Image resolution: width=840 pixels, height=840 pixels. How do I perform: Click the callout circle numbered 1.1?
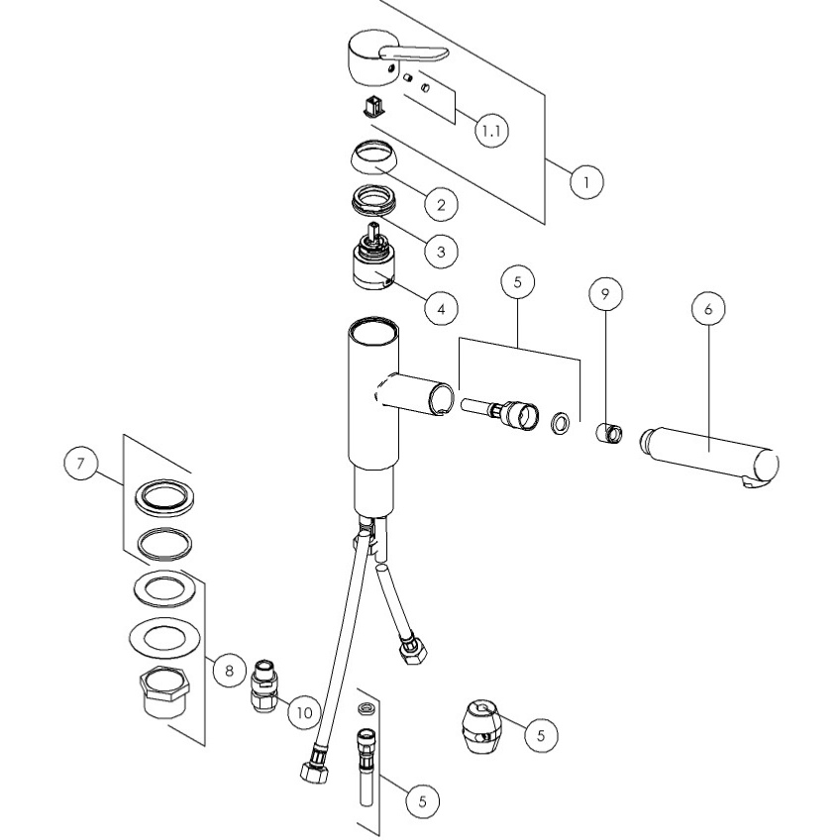491,130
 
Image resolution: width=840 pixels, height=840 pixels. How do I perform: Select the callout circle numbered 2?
441,204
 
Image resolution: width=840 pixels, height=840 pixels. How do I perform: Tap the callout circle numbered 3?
441,252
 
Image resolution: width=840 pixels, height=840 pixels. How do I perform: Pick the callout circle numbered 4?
441,309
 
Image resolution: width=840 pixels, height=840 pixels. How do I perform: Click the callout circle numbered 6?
708,309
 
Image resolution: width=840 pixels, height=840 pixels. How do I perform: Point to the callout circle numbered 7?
81,463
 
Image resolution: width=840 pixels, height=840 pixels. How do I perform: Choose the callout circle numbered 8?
229,671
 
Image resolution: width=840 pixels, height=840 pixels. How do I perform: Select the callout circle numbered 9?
605,293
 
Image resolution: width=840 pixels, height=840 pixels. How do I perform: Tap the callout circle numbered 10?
304,713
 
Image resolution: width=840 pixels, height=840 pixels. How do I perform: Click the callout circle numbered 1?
586,182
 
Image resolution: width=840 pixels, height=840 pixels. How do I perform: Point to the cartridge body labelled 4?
373,259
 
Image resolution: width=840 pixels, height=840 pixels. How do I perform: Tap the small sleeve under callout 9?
609,432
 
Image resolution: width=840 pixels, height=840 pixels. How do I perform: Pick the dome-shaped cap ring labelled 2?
373,157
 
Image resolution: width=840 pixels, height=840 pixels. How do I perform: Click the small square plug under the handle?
373,106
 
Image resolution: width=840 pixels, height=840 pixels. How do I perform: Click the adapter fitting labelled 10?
265,686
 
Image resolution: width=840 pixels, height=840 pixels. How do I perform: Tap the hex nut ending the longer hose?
313,773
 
